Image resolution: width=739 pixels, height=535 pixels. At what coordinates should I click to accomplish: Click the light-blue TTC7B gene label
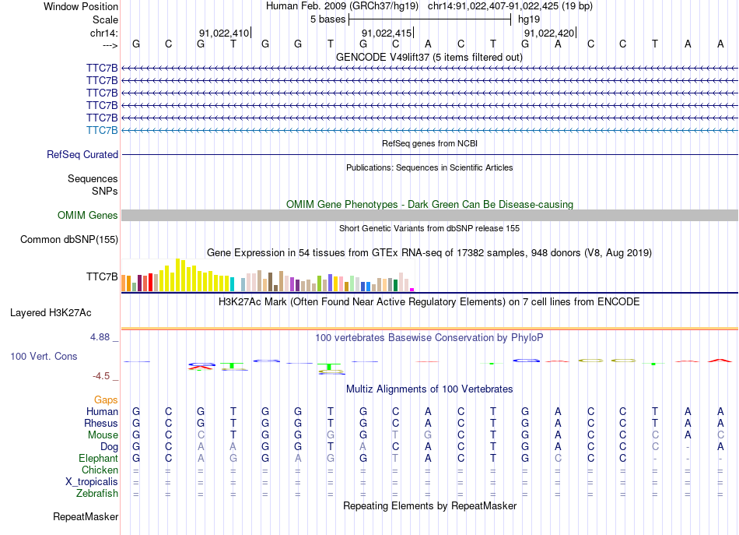102,130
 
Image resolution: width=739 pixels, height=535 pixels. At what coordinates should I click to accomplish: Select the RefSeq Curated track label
82,155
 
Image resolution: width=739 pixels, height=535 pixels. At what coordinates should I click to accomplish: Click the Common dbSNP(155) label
68,240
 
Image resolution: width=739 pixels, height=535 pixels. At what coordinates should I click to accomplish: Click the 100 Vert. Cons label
44,356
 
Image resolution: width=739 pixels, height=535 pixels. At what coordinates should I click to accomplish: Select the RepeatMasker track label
86,516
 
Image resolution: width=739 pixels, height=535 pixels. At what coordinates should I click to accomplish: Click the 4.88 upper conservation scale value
101,337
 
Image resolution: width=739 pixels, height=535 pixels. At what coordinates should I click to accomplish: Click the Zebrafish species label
97,493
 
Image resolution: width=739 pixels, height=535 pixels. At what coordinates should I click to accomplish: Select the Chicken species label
100,470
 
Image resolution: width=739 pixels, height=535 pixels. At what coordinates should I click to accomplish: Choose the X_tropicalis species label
92,481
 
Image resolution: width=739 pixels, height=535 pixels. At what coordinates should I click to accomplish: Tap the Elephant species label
98,459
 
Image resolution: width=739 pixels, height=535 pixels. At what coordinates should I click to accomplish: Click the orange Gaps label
106,399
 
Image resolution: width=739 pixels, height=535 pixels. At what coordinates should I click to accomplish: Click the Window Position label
81,6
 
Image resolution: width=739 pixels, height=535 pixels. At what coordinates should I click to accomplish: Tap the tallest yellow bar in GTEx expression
178,274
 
